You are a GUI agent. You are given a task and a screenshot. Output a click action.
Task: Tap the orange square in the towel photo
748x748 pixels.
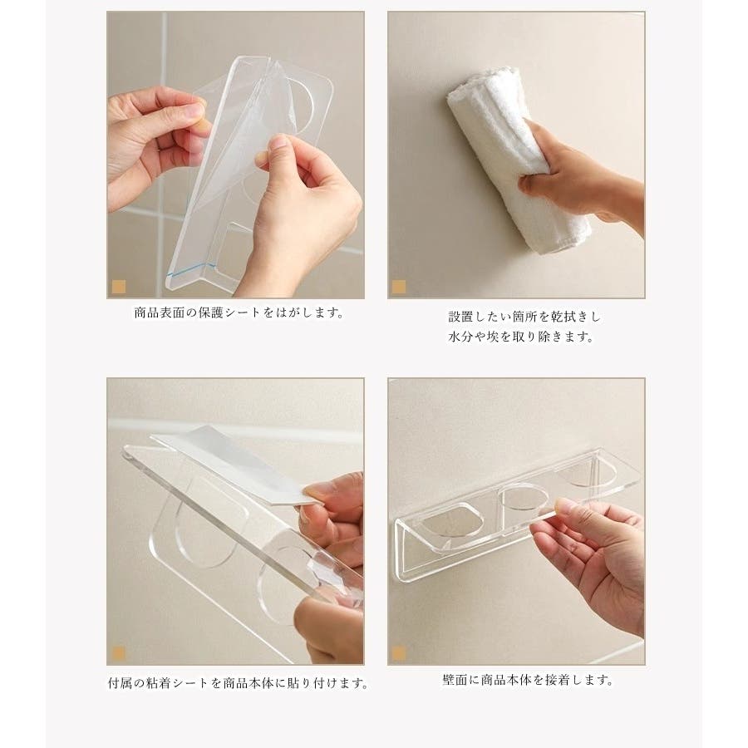coord(398,287)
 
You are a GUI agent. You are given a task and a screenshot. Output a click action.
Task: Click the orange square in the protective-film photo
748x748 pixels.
coord(118,287)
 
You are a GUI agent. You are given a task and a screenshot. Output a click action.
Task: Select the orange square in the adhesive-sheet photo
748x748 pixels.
coord(118,653)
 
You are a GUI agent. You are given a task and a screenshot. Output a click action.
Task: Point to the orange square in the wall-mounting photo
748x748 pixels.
coord(398,653)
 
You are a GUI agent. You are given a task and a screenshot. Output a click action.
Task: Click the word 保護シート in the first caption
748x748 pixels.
coord(230,313)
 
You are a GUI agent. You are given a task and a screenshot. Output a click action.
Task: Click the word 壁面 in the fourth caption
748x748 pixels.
coord(455,679)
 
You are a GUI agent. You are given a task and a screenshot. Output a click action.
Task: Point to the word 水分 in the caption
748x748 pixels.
coord(460,337)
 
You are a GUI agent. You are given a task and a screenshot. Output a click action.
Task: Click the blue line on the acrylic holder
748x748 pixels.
coord(185,273)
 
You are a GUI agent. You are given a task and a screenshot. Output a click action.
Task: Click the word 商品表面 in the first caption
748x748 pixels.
coord(159,313)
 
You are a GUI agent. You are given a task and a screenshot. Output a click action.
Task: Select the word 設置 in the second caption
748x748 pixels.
coord(460,317)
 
